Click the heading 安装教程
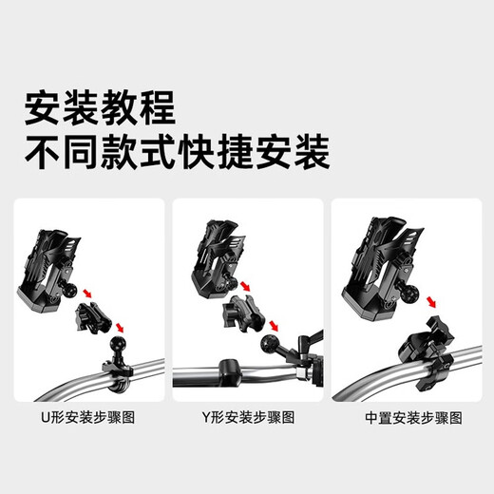click(x=100, y=108)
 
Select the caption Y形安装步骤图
click(x=248, y=417)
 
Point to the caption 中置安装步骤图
click(x=407, y=417)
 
